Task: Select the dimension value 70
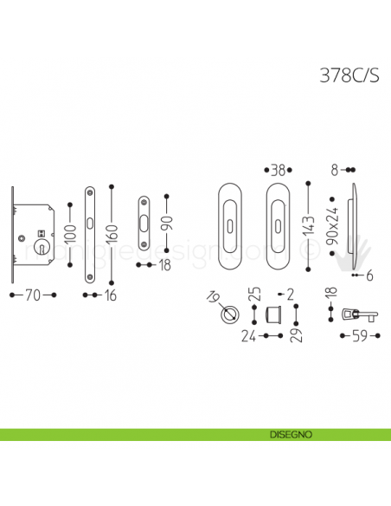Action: pyautogui.click(x=31, y=296)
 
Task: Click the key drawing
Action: pyautogui.click(x=356, y=312)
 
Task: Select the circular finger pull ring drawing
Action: pyautogui.click(x=230, y=314)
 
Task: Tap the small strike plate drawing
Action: pyautogui.click(x=144, y=224)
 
